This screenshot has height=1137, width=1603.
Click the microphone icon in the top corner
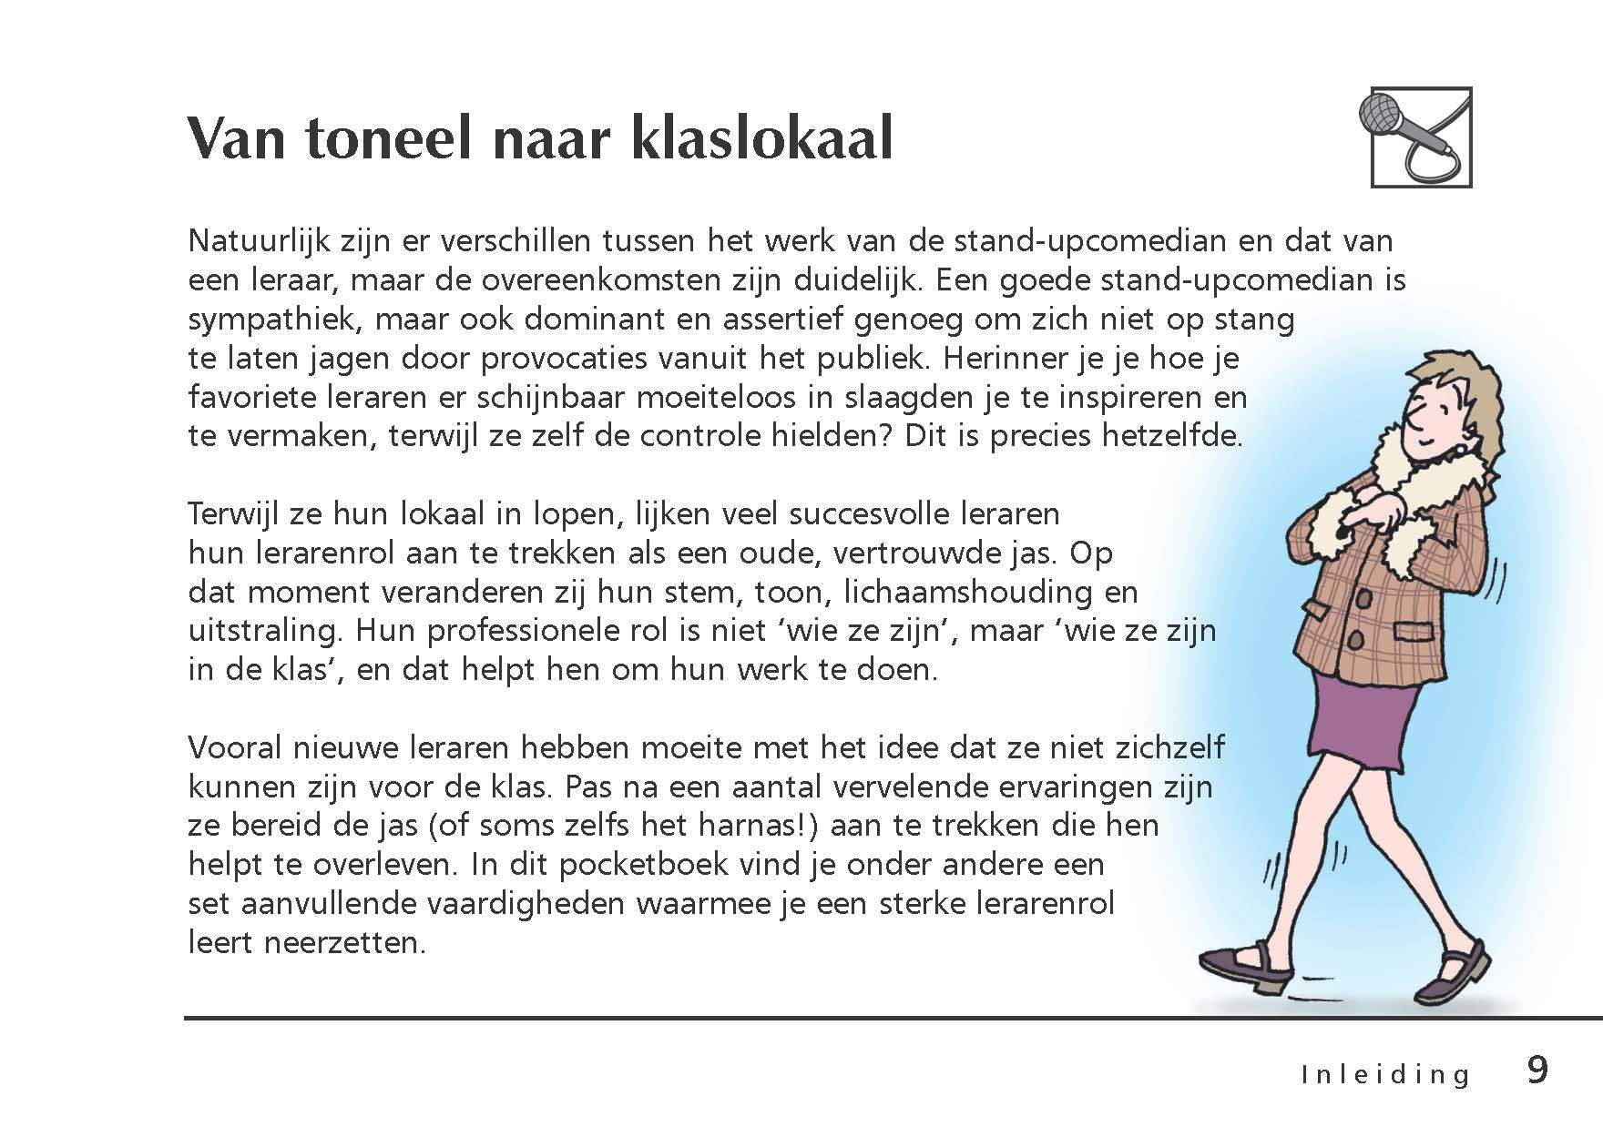pos(1420,137)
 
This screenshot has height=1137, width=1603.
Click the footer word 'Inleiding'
pos(1385,1074)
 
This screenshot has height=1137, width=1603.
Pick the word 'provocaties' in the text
pos(568,359)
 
